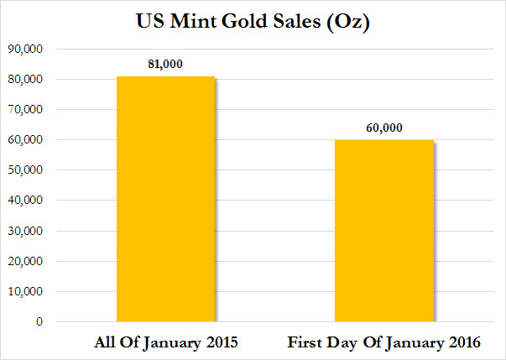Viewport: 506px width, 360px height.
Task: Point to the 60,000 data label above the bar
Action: [383, 128]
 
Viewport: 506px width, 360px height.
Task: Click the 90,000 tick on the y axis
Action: [31, 50]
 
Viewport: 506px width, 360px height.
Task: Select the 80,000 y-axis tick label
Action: [31, 80]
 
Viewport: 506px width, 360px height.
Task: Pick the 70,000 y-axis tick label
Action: [31, 110]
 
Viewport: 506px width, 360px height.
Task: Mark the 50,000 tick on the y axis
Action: [31, 170]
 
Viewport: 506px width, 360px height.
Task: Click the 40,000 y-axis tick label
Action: [31, 201]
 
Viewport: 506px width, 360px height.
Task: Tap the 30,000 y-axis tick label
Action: [31, 231]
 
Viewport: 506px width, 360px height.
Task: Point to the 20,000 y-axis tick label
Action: [31, 261]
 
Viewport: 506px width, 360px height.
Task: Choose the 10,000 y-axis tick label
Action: [31, 291]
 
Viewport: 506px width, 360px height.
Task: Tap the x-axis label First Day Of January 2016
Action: [383, 343]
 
